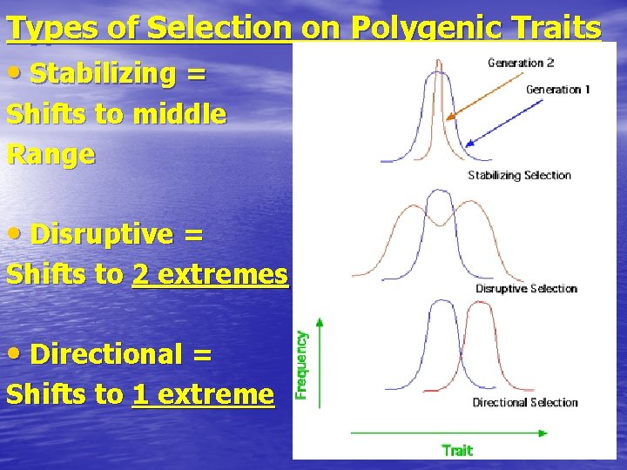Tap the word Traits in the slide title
(x=563, y=28)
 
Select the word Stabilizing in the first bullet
(x=104, y=74)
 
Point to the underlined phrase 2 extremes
(x=210, y=274)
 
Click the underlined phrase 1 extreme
(x=203, y=394)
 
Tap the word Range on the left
(x=51, y=154)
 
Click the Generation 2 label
(x=521, y=63)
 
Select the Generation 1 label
(x=558, y=90)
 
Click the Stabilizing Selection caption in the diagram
(x=519, y=175)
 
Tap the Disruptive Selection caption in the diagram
(x=526, y=288)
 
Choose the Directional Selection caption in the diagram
(x=525, y=402)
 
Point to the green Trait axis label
(x=457, y=450)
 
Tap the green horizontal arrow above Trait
(x=448, y=432)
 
